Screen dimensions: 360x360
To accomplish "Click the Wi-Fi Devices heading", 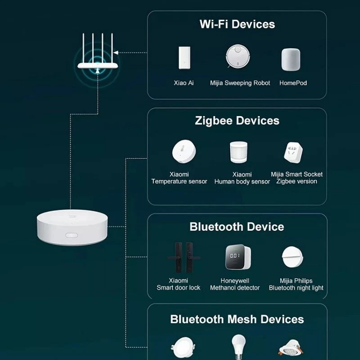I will (237, 24).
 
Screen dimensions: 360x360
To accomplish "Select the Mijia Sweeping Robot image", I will (239, 57).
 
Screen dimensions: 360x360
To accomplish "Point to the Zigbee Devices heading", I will (237, 121).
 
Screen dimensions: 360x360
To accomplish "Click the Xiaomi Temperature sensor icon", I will (184, 152).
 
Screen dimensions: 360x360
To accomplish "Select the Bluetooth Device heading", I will (237, 226).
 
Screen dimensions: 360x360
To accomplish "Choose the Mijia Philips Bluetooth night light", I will (293, 258).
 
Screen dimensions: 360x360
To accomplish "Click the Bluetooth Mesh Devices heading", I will (237, 319).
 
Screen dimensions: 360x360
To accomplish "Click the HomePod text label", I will (293, 83).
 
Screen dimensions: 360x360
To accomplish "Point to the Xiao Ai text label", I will (184, 83).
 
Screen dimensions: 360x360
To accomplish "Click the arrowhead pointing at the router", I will (117, 53).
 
